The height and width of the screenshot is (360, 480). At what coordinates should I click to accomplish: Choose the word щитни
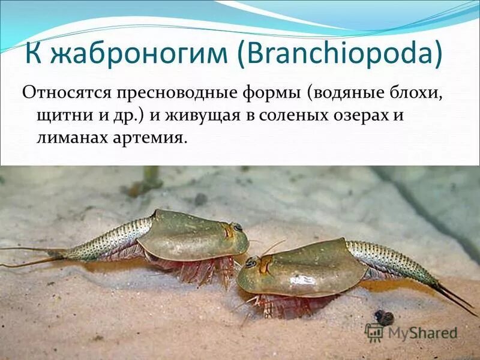point(56,115)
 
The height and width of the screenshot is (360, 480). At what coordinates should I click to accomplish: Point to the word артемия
point(152,137)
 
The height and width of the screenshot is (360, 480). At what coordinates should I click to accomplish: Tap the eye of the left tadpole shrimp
point(238,227)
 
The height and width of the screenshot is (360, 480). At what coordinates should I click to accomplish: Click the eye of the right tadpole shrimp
point(250,262)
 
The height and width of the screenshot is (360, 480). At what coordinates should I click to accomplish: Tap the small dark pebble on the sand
point(385,317)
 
